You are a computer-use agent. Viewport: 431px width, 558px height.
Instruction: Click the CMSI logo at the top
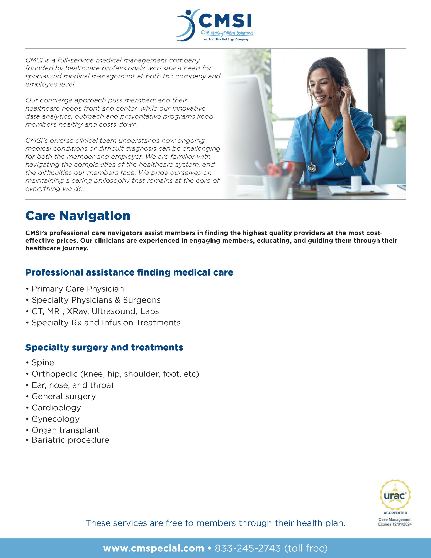[215, 25]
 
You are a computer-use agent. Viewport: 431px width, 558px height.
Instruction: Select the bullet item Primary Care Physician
[77, 289]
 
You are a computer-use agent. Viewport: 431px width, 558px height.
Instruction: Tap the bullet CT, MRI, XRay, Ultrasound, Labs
[95, 311]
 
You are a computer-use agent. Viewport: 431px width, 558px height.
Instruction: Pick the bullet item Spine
[43, 362]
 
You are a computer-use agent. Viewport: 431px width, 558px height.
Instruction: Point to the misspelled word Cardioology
[56, 408]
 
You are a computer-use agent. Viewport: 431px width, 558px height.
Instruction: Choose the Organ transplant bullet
[65, 430]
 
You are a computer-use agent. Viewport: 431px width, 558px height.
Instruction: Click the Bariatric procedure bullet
[70, 440]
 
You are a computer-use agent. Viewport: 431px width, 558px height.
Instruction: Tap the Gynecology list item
[55, 419]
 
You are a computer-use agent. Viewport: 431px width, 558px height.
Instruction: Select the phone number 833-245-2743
[248, 548]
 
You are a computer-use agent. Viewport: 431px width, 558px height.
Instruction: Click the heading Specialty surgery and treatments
[104, 347]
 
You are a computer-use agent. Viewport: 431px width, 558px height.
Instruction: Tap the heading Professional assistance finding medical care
[129, 272]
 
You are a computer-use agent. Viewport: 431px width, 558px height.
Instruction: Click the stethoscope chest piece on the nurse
[312, 168]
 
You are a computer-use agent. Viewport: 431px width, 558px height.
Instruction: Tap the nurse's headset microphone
[331, 97]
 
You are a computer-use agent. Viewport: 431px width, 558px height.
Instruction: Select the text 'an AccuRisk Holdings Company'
[226, 39]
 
